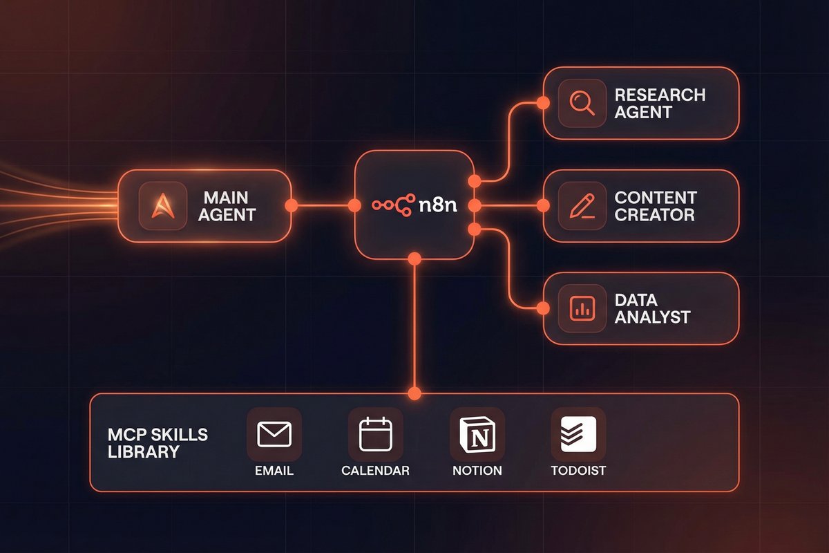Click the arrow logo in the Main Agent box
[162, 205]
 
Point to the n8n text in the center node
[443, 205]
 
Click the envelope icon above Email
[274, 434]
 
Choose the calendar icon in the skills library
[375, 434]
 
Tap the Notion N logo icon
[477, 434]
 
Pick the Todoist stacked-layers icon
[578, 434]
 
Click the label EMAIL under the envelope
[274, 471]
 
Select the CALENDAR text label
[375, 471]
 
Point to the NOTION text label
[477, 471]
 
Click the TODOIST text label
[578, 471]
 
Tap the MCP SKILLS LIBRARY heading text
[158, 443]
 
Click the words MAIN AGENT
[227, 206]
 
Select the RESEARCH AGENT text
[660, 103]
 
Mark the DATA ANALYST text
[652, 309]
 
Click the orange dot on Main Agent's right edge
[291, 205]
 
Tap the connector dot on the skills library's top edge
[414, 394]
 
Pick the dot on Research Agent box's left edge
[544, 103]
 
